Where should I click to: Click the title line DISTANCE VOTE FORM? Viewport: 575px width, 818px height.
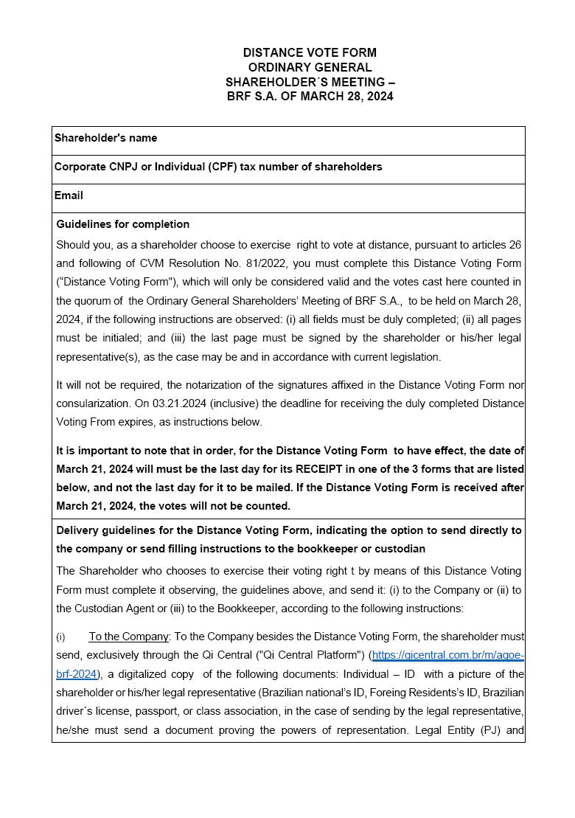[x=310, y=52]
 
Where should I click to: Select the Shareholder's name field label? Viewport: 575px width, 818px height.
[x=105, y=138]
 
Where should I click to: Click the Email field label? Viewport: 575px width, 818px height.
[x=69, y=195]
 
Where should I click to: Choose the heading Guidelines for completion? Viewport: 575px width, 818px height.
[x=122, y=224]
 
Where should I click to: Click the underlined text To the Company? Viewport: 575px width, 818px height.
[x=130, y=637]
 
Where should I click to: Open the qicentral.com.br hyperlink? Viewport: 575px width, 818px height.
[x=447, y=655]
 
